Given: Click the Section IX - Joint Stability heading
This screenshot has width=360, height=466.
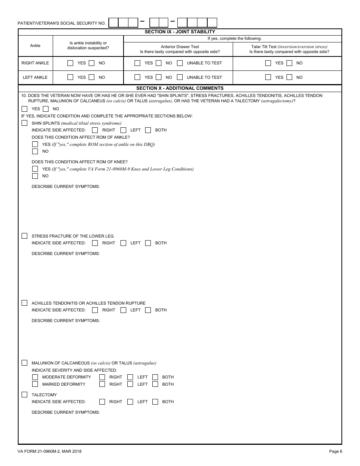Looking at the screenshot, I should (x=180, y=32).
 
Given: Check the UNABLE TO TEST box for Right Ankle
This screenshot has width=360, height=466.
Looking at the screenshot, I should (x=180, y=63).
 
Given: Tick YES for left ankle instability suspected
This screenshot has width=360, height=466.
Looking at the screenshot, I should (x=70, y=77).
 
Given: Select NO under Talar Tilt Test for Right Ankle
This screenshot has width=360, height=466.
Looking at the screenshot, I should (x=290, y=63).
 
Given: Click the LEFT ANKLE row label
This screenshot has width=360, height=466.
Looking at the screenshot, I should (x=35, y=77).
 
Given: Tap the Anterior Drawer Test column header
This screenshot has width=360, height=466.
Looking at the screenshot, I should (x=180, y=47).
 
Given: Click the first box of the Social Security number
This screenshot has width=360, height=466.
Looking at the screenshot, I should (x=114, y=23).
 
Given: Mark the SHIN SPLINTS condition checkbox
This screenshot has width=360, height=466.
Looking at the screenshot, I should (x=25, y=123).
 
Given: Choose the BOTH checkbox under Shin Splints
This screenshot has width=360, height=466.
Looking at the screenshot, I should (x=148, y=130).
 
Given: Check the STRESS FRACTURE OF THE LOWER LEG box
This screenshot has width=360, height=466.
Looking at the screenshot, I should (x=25, y=236).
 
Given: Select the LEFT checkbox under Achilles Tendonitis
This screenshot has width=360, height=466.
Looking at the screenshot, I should (x=123, y=310).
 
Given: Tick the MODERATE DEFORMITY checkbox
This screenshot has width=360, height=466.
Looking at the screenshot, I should (x=35, y=377).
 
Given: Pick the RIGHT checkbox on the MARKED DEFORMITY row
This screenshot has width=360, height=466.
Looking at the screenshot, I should (x=102, y=384).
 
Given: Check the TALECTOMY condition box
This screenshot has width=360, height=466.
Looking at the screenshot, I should (x=25, y=395).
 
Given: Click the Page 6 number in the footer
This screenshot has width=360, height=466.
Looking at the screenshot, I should (x=335, y=451).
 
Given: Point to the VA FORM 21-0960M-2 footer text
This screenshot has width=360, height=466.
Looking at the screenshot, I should (x=50, y=451).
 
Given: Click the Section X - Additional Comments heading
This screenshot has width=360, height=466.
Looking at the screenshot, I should (x=180, y=88).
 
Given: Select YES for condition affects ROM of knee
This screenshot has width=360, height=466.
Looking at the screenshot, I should (x=35, y=169).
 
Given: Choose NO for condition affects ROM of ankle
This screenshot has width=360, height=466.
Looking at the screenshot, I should (x=35, y=151).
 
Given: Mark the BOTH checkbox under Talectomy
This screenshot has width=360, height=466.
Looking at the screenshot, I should (x=155, y=402).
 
